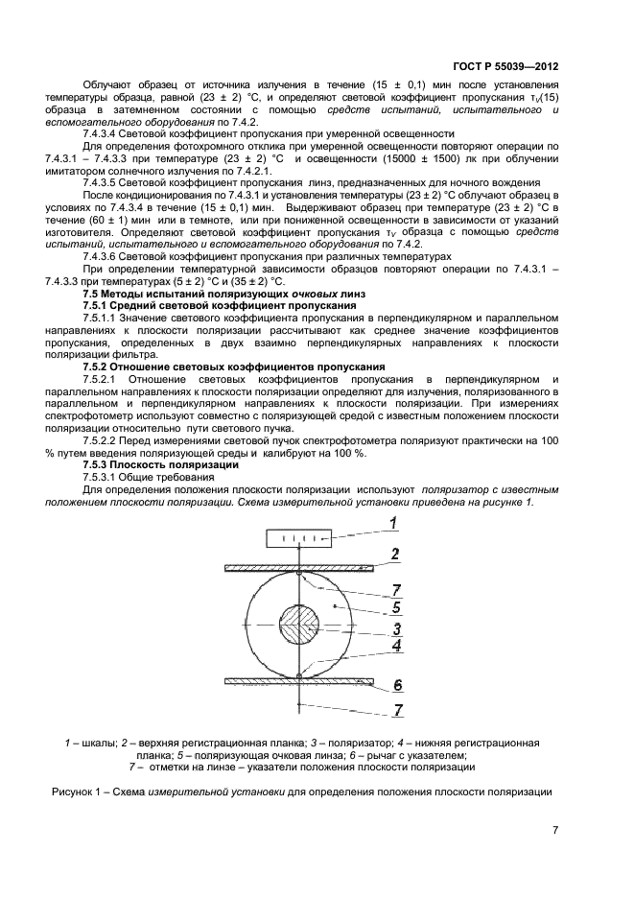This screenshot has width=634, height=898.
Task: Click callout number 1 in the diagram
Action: click(x=392, y=523)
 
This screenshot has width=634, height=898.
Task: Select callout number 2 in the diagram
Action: click(x=393, y=555)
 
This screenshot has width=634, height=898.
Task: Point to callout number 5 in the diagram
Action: click(x=394, y=606)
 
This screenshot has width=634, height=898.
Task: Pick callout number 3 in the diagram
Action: click(x=394, y=629)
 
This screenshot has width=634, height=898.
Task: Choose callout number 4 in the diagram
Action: click(x=394, y=647)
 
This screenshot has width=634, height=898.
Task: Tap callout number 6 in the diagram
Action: click(x=394, y=685)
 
